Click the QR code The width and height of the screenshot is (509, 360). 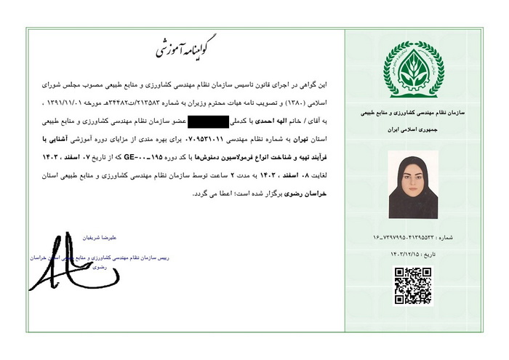[x=413, y=286]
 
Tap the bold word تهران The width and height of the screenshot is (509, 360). [x=306, y=138]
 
